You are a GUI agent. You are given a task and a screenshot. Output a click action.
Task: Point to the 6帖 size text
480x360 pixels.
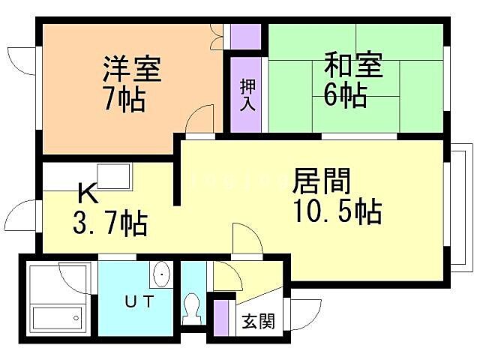click(346, 95)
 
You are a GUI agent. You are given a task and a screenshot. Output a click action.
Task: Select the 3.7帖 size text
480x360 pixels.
click(109, 223)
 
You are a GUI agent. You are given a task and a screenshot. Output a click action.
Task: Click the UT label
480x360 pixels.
click(139, 302)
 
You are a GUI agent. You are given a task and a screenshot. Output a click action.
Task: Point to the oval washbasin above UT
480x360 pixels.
click(161, 275)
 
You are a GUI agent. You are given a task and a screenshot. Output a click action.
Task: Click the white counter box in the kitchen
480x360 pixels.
click(115, 177)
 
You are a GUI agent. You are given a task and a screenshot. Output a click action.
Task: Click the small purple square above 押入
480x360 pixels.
click(246, 37)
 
